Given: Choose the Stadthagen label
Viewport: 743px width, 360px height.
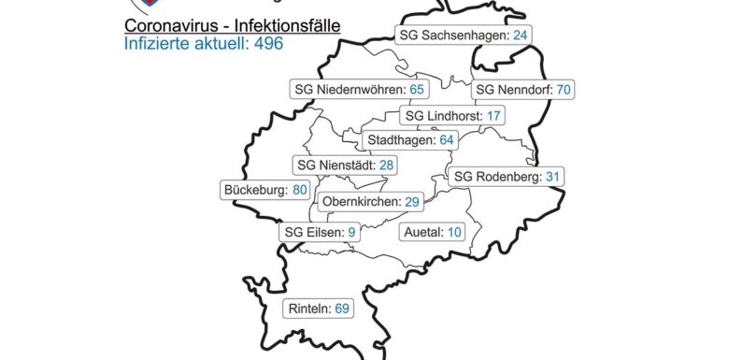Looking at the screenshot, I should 410,140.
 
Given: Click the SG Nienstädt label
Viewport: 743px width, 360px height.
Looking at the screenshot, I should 342,165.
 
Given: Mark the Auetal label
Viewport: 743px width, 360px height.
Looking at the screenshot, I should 431,231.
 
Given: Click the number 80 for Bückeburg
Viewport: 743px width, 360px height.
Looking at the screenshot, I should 300,189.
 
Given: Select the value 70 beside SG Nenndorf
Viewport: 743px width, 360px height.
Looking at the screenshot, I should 563,90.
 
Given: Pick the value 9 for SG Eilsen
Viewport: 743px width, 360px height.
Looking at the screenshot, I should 351,231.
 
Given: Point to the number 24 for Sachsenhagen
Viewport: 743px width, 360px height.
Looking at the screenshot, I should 522,36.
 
